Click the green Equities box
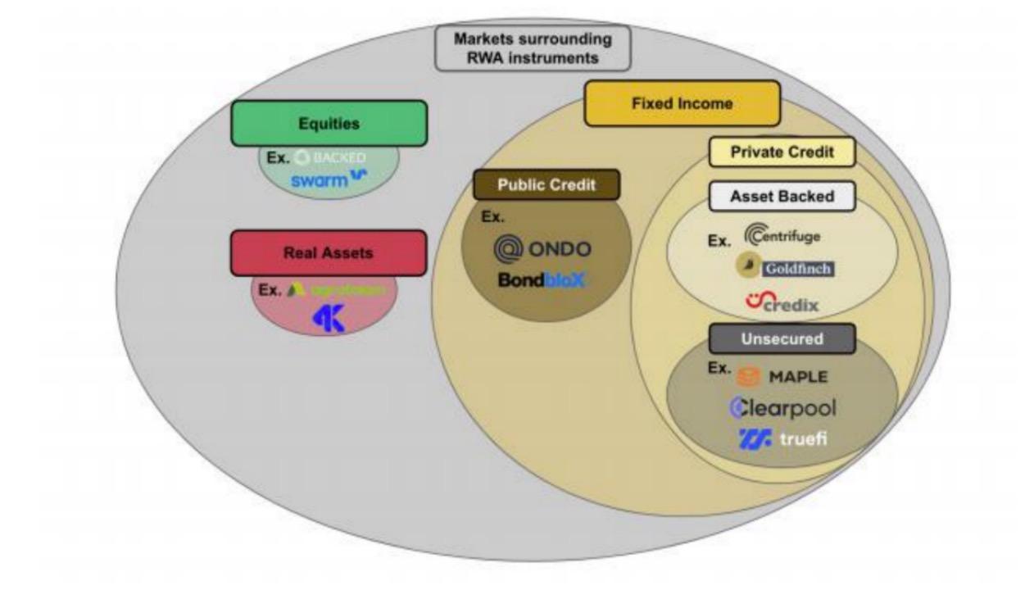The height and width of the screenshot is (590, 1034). (329, 124)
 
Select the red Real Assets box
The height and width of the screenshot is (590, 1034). (329, 252)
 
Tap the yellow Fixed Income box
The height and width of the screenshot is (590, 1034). (682, 103)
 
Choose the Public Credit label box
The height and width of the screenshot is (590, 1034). (546, 185)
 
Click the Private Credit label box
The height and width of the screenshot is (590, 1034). (782, 152)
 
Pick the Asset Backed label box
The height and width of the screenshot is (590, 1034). (782, 197)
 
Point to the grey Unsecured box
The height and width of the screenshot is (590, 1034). (782, 338)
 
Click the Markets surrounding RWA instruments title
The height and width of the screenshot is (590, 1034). (533, 48)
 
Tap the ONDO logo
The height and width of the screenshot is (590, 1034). (542, 248)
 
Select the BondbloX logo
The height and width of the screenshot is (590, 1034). (542, 280)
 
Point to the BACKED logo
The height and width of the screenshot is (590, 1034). (330, 157)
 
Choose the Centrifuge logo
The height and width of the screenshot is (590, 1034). (782, 236)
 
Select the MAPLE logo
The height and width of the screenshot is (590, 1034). (783, 377)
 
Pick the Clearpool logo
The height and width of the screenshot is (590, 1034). (783, 407)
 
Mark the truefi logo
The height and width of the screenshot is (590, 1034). (783, 438)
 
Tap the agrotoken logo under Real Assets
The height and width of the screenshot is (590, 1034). (336, 290)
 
